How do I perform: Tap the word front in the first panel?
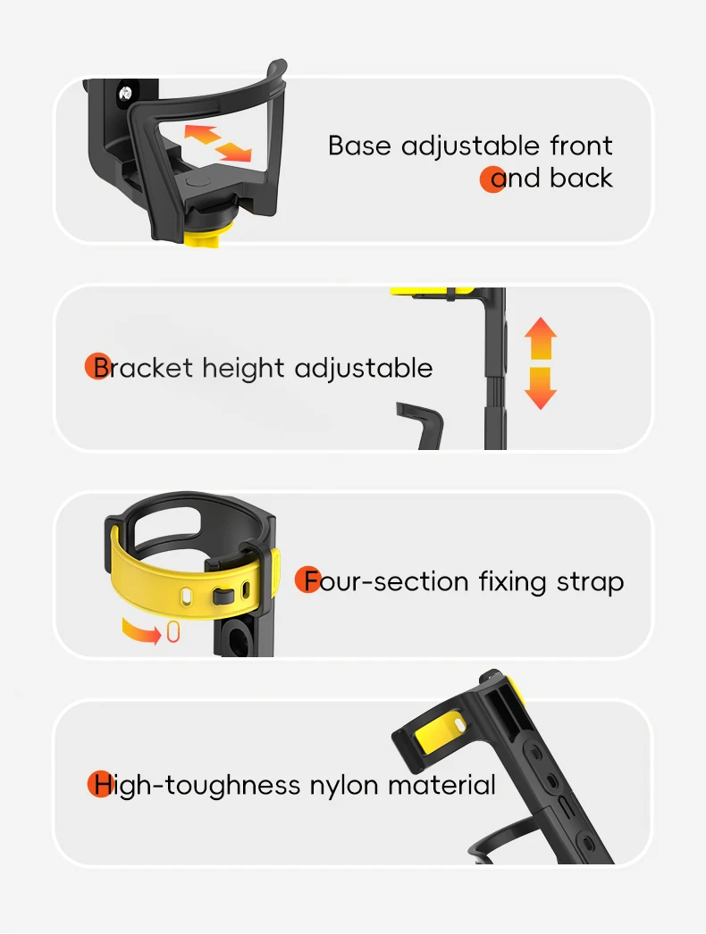(x=581, y=146)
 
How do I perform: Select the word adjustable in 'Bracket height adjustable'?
(x=363, y=368)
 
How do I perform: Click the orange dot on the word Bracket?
(x=97, y=367)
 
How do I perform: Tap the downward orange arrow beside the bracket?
(x=540, y=388)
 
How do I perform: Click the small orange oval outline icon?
(x=173, y=633)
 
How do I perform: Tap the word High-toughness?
(x=197, y=786)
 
